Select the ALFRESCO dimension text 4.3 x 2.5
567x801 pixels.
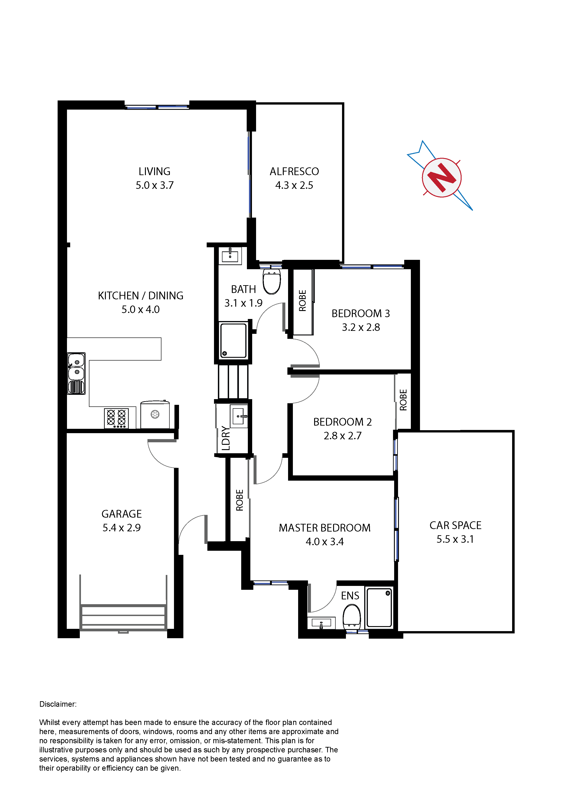(x=294, y=185)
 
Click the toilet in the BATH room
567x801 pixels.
(x=272, y=281)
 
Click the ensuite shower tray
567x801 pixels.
(x=379, y=607)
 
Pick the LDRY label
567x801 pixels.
(x=226, y=438)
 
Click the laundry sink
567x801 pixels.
(x=239, y=416)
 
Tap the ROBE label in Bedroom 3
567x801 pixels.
(x=302, y=300)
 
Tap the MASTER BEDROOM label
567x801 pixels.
(x=325, y=528)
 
